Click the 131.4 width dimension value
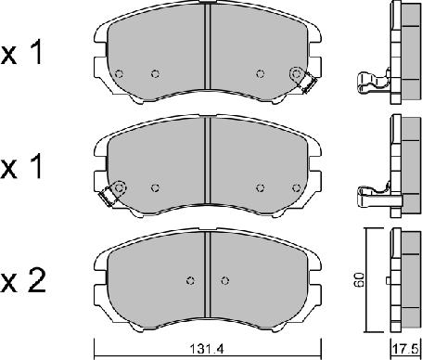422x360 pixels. pyautogui.click(x=206, y=350)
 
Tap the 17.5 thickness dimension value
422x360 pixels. pyautogui.click(x=405, y=350)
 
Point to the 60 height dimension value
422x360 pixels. pyautogui.click(x=360, y=280)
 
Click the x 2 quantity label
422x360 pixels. pyautogui.click(x=23, y=280)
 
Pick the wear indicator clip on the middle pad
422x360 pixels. pyautogui.click(x=107, y=196)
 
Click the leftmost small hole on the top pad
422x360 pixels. pyautogui.click(x=119, y=74)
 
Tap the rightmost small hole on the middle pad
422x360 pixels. pyautogui.click(x=297, y=187)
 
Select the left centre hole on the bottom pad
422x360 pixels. pyautogui.click(x=191, y=280)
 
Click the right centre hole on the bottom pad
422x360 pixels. pyautogui.click(x=225, y=280)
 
